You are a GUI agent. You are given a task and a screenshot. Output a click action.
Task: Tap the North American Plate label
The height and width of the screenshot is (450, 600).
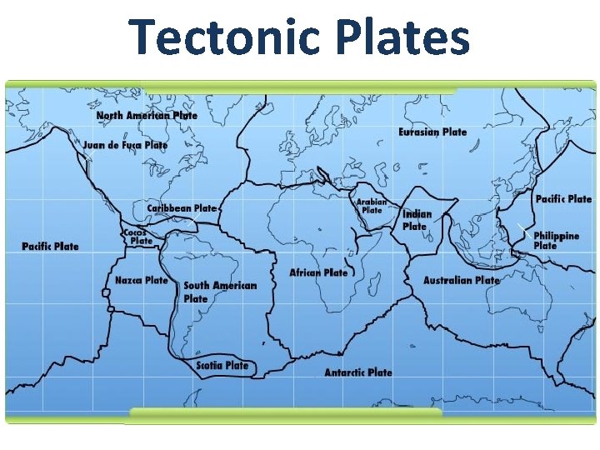tap(147, 115)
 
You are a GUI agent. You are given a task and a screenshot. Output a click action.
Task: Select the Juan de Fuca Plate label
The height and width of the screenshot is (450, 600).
tap(125, 144)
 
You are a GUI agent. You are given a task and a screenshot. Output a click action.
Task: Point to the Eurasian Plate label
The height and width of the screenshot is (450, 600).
tap(432, 132)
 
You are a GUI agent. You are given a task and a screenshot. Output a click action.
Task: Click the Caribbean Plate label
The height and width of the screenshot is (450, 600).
tap(182, 207)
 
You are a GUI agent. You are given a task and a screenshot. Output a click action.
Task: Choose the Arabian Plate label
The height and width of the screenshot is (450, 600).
tap(372, 206)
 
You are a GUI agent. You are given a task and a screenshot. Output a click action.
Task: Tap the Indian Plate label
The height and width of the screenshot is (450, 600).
tap(416, 220)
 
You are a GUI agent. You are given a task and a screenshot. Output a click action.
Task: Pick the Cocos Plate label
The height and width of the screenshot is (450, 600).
tap(138, 237)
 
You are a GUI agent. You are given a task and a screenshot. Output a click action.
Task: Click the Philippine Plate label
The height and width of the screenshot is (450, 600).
tap(556, 241)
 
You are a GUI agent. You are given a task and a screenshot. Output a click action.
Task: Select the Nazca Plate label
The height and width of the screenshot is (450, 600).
tap(142, 280)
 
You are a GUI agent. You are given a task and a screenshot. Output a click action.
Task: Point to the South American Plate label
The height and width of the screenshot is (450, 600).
tap(219, 292)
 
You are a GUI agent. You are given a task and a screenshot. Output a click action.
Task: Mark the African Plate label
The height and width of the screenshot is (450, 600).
tap(318, 272)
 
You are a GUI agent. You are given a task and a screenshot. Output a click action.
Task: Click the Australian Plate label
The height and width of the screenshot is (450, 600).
tap(461, 280)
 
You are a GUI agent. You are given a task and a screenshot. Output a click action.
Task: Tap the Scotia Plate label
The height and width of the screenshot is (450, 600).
tap(222, 365)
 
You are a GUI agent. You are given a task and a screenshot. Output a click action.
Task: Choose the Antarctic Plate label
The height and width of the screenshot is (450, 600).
tap(357, 372)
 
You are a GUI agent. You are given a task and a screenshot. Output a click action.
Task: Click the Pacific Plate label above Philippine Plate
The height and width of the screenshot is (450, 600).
tap(563, 198)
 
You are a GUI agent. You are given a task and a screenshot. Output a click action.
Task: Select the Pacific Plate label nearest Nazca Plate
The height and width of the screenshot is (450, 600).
tap(50, 246)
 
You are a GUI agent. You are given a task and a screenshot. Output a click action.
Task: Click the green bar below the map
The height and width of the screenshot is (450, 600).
tap(286, 412)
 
